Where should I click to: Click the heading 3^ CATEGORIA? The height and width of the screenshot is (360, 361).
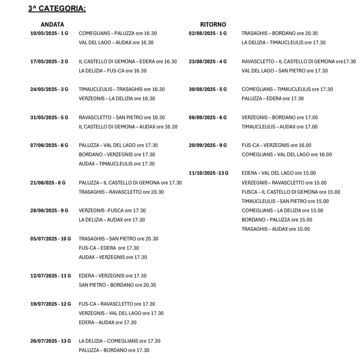click(x=57, y=8)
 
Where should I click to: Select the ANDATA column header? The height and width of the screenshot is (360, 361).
click(x=52, y=24)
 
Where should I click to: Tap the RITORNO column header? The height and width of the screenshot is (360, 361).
click(x=213, y=24)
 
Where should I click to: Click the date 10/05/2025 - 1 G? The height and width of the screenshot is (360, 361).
click(x=49, y=33)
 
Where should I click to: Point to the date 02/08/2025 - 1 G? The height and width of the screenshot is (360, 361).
click(x=208, y=33)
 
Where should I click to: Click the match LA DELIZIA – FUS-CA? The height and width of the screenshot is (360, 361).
click(x=113, y=71)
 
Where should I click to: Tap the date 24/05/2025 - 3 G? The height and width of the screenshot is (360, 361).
click(x=49, y=89)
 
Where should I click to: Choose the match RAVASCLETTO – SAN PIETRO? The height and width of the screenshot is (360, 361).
click(x=122, y=118)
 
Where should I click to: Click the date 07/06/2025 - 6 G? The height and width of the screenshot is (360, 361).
click(x=49, y=145)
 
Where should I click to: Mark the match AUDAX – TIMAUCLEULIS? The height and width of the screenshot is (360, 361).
click(x=116, y=164)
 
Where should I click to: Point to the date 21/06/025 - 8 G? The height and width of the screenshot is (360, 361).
click(x=48, y=183)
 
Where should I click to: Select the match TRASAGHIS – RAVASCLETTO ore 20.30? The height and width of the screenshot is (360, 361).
click(x=121, y=192)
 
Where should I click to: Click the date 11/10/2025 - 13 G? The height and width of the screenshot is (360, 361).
click(x=208, y=173)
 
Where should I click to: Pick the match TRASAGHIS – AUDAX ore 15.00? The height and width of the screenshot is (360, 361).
click(x=275, y=229)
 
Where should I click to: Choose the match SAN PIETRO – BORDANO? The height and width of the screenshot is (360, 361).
click(x=117, y=285)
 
